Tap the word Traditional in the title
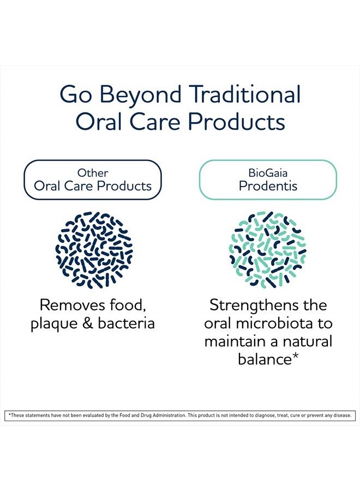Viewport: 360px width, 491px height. click(245, 94)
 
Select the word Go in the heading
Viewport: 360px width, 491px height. click(75, 94)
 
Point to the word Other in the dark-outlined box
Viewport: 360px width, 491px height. click(93, 172)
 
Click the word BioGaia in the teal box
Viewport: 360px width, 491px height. click(268, 172)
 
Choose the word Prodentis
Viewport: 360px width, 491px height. click(268, 186)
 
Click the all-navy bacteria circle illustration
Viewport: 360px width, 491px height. click(94, 249)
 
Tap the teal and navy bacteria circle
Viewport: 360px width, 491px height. click(268, 249)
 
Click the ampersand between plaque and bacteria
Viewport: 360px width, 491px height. click(88, 324)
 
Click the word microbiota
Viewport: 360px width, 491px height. click(274, 324)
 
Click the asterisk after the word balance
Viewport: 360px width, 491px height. click(295, 356)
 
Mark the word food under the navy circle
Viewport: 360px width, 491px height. click(128, 305)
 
